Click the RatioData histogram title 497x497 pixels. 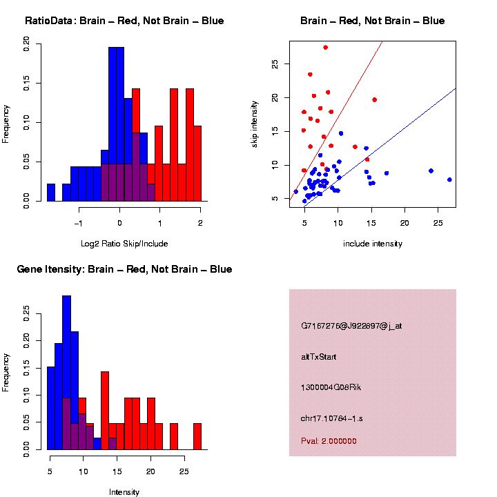(x=124, y=21)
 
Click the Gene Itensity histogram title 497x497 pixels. (x=124, y=269)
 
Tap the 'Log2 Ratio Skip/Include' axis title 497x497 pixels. (x=124, y=243)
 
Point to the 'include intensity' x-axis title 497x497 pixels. (x=373, y=243)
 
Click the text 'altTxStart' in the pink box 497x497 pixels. (x=319, y=357)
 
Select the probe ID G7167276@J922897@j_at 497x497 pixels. (x=351, y=326)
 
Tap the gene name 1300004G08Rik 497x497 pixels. (x=331, y=387)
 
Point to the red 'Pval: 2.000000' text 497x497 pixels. (x=329, y=440)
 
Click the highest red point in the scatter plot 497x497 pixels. (x=326, y=48)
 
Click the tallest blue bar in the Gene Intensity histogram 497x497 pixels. (x=67, y=373)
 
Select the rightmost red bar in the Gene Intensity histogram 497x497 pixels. (x=197, y=436)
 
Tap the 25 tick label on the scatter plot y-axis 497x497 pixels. (x=275, y=64)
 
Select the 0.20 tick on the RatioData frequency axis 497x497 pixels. (x=27, y=44)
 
